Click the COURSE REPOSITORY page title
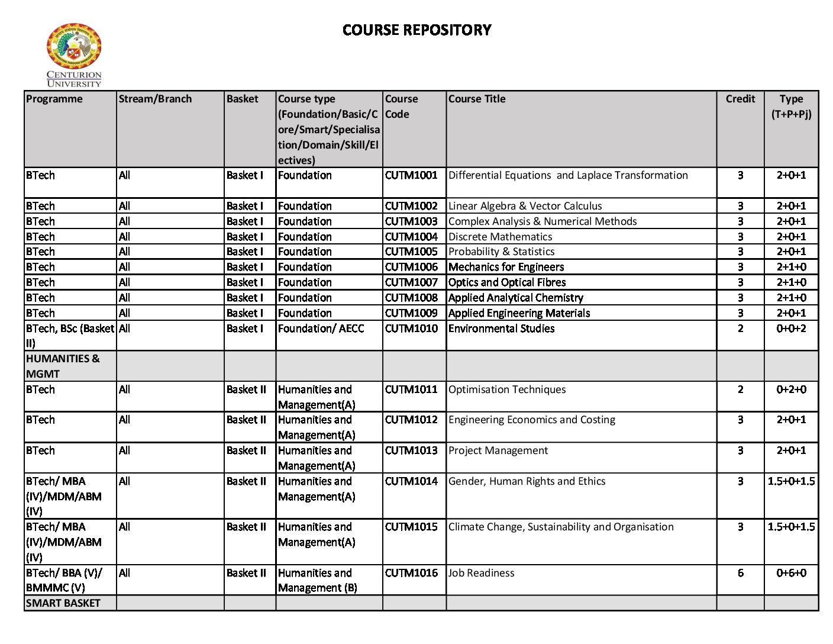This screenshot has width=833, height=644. (x=417, y=30)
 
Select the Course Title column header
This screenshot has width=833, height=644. (x=477, y=99)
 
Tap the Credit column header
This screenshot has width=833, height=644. (x=740, y=99)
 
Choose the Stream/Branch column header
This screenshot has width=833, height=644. (x=155, y=99)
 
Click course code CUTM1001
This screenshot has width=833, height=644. (x=411, y=175)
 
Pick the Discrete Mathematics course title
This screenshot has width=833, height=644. (x=500, y=237)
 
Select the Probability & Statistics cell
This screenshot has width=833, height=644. (x=501, y=252)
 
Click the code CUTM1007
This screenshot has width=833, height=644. (x=411, y=282)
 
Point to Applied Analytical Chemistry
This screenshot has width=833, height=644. (x=515, y=298)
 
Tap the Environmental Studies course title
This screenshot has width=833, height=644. (x=501, y=329)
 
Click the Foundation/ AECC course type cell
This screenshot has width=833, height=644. (x=321, y=329)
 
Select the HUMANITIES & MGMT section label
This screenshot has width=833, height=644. (x=63, y=366)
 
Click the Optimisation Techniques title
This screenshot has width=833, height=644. (x=506, y=389)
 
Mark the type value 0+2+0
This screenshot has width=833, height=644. (x=791, y=389)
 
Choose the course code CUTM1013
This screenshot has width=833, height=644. (x=411, y=450)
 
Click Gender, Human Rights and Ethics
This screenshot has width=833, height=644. (x=527, y=481)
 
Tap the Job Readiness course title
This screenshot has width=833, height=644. (x=481, y=573)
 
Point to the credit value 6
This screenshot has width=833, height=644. (x=740, y=573)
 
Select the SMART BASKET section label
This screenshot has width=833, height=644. (x=63, y=603)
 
